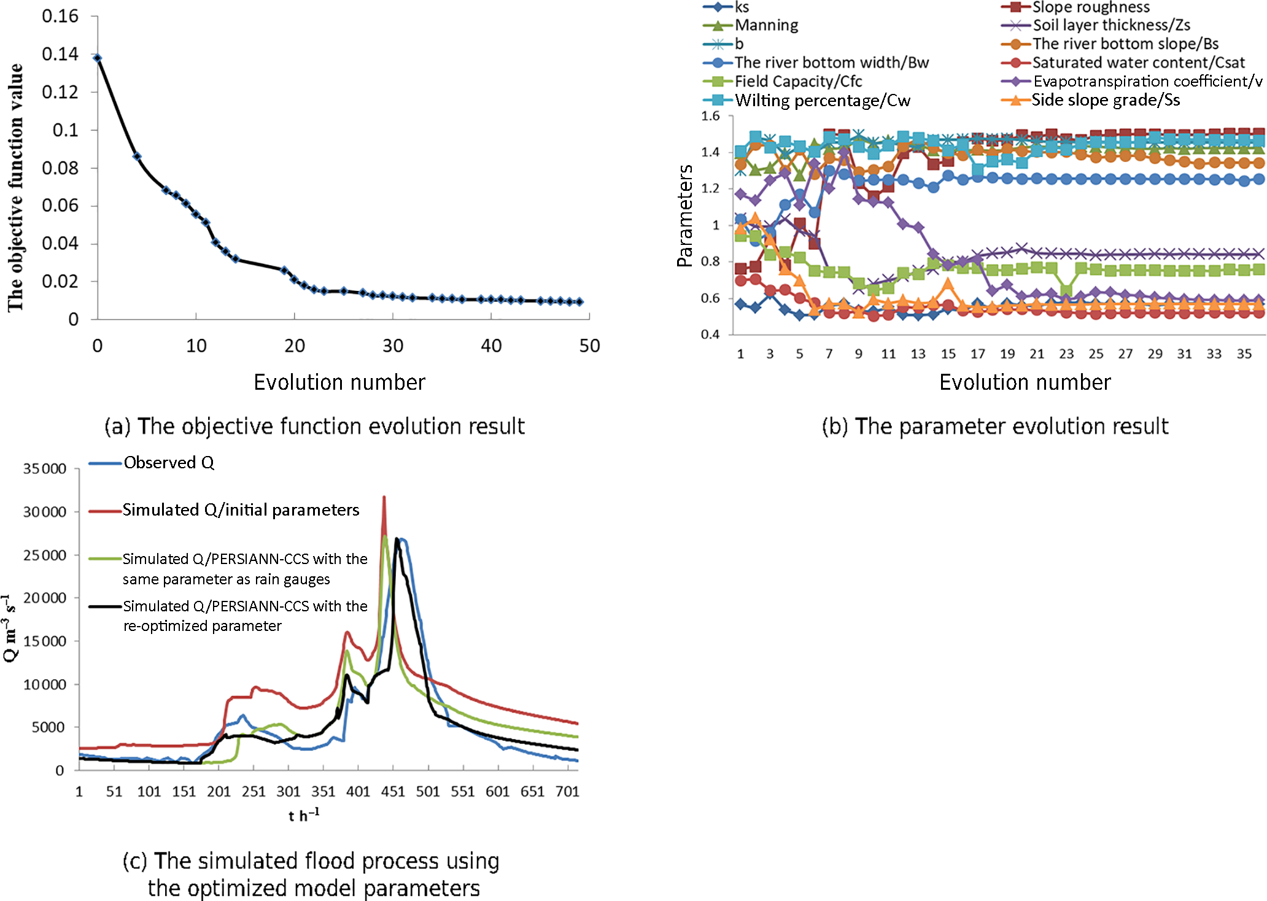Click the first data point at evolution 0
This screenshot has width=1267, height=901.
98,58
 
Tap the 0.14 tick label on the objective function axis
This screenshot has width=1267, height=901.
60,54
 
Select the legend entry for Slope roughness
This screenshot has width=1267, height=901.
1091,7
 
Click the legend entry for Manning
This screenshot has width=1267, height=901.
767,25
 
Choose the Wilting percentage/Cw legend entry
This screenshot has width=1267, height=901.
823,101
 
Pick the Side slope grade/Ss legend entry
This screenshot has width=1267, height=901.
1106,100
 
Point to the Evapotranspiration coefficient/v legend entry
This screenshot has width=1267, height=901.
1147,82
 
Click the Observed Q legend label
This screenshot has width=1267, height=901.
169,463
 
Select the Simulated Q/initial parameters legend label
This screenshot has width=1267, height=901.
241,510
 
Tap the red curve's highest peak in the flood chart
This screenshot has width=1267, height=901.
384,498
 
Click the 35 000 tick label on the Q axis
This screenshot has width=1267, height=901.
45,469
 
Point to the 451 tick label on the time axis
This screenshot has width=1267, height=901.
393,792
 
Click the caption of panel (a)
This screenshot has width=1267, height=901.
315,426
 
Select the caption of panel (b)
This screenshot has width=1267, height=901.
995,426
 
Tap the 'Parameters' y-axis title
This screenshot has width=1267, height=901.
684,215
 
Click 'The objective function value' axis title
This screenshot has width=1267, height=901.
15,187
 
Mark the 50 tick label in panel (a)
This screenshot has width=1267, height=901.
589,346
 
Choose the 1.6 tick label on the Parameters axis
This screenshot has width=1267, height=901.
710,116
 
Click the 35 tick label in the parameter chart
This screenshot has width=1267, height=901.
1244,354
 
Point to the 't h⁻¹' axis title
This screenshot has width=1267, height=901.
304,815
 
